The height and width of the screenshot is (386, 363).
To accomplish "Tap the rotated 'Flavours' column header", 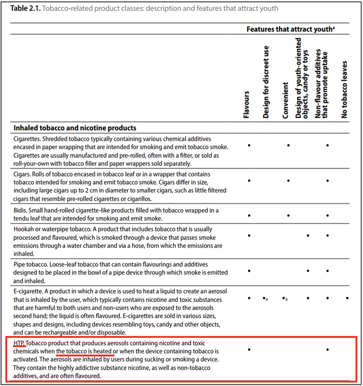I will pyautogui.click(x=246, y=105).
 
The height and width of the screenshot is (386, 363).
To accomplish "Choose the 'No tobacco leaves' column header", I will pyautogui.click(x=345, y=89).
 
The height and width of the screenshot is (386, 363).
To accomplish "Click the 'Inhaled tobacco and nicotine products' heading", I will pyautogui.click(x=75, y=128).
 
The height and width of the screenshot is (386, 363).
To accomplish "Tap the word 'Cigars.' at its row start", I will pyautogui.click(x=22, y=174).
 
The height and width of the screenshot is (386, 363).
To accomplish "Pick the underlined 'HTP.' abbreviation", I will pyautogui.click(x=19, y=343).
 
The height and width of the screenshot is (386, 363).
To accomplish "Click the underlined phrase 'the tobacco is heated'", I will pyautogui.click(x=85, y=351).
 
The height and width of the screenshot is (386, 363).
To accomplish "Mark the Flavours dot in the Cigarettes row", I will pyautogui.click(x=249, y=145).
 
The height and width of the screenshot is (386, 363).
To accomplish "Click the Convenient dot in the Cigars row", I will pyautogui.click(x=288, y=180).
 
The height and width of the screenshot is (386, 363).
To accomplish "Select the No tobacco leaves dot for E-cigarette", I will pyautogui.click(x=347, y=298).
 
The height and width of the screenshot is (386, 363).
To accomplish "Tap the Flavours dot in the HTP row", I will pyautogui.click(x=249, y=349).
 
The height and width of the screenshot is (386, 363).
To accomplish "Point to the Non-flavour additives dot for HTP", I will pyautogui.click(x=328, y=349).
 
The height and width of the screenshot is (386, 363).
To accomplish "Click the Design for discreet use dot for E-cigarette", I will pyautogui.click(x=265, y=298).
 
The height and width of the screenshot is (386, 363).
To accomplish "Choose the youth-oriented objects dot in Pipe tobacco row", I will pyautogui.click(x=308, y=271).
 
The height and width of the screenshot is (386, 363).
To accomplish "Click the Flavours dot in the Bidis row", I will pyautogui.click(x=249, y=215).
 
